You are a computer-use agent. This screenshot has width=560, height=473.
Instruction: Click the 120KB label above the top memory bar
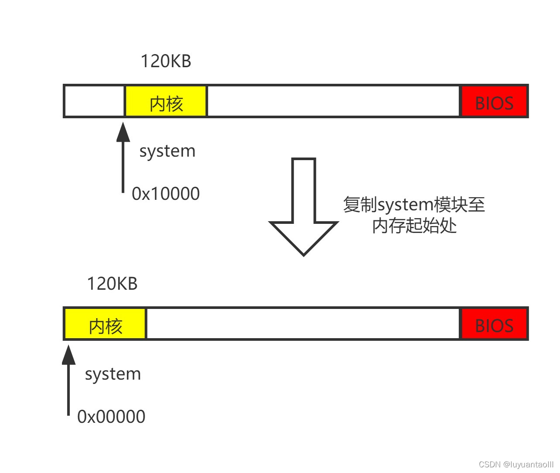(x=165, y=61)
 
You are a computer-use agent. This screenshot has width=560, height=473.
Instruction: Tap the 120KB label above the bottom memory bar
(x=112, y=284)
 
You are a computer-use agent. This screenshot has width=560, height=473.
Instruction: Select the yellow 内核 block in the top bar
(x=166, y=102)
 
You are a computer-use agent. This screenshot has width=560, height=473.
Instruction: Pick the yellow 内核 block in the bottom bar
(x=105, y=324)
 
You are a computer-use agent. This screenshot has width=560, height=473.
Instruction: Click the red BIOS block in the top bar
(x=494, y=102)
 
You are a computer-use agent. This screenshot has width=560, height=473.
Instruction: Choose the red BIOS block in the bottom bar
(x=494, y=324)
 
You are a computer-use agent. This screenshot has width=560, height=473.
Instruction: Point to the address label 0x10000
(x=166, y=194)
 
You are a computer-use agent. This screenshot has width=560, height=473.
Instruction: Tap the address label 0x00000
(x=111, y=417)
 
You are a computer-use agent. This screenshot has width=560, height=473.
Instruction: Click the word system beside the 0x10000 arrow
(x=167, y=151)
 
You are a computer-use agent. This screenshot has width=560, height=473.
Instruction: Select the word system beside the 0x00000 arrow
(x=113, y=374)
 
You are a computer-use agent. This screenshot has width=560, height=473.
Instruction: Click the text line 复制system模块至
(x=414, y=204)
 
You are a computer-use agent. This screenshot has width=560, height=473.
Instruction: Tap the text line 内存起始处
(x=414, y=226)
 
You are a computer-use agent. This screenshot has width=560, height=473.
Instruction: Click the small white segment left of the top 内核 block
(x=94, y=102)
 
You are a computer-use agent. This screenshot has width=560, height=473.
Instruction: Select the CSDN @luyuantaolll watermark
(x=515, y=464)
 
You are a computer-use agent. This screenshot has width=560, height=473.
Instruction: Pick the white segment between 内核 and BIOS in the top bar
(x=333, y=102)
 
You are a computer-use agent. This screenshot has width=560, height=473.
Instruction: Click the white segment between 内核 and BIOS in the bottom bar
(x=303, y=324)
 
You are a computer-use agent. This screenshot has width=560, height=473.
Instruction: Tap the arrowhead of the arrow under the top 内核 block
(x=123, y=132)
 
